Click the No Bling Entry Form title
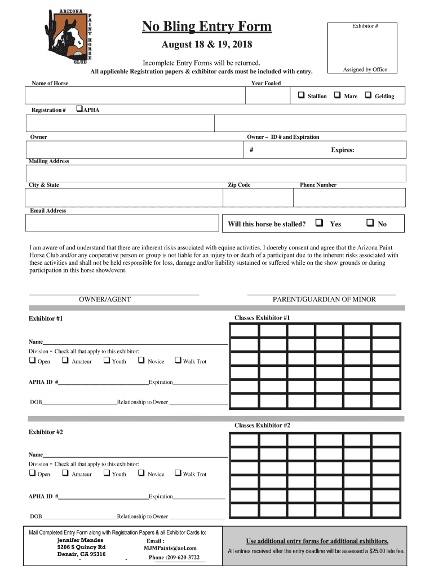(207, 27)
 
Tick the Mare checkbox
(337, 95)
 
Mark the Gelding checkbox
(369, 95)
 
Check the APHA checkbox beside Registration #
(79, 109)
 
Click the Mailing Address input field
(215, 173)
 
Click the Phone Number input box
(349, 198)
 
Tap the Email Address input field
(122, 223)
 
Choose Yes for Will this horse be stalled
(320, 224)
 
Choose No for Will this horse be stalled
(370, 224)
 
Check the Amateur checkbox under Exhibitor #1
(65, 361)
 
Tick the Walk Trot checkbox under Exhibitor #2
(178, 474)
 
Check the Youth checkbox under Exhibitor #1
(106, 361)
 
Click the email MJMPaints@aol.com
(170, 548)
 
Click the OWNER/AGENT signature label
(105, 300)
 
